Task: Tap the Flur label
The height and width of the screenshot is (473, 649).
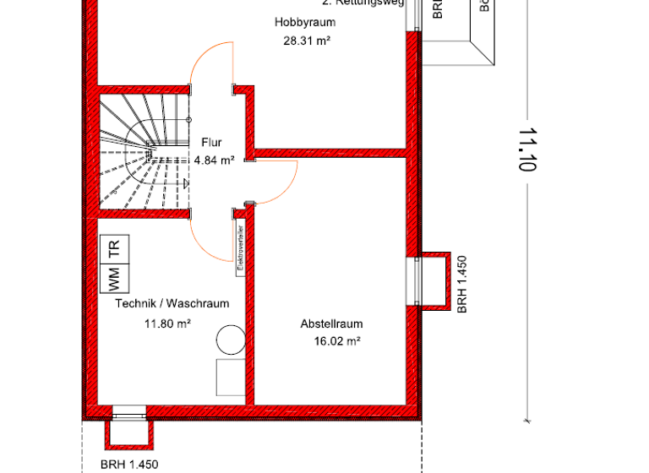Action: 211,143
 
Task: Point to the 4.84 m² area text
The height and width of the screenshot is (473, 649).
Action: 214,160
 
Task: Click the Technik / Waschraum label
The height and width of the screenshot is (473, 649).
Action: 172,304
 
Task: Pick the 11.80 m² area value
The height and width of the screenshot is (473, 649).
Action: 167,323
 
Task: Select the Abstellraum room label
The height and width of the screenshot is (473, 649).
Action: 331,324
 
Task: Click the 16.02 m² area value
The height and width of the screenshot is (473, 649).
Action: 336,341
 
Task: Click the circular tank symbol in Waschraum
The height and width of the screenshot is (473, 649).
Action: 229,340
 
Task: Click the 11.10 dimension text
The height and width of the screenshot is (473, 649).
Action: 527,150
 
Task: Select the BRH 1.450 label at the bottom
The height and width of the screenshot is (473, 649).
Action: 128,465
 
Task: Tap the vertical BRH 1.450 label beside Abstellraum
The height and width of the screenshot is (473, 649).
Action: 461,284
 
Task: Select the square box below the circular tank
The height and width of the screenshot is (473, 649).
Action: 229,376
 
